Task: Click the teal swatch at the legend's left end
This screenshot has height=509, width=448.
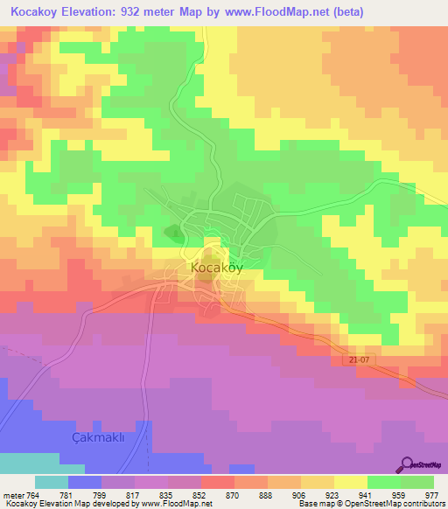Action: (x=52, y=483)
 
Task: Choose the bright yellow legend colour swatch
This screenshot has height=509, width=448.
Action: (x=350, y=483)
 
